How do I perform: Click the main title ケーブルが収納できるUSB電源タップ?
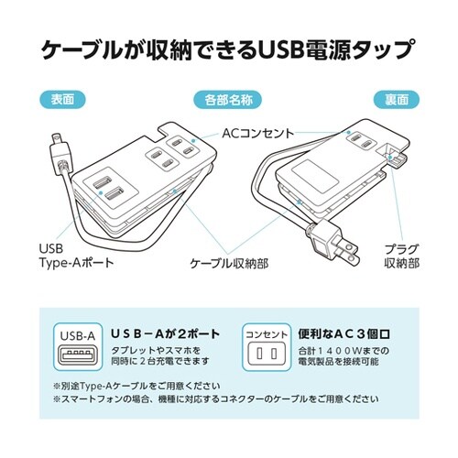pos(229,48)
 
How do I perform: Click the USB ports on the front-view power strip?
pos(107,189)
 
